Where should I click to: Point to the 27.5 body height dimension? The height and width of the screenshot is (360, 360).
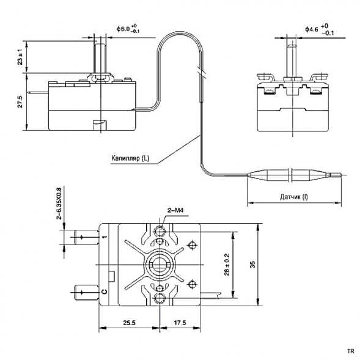(x=20, y=101)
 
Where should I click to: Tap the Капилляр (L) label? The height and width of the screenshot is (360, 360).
(x=130, y=158)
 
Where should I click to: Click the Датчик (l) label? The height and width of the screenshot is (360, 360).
(x=295, y=197)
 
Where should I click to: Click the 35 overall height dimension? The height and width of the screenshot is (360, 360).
(x=268, y=264)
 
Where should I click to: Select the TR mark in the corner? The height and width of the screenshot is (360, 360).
(x=350, y=351)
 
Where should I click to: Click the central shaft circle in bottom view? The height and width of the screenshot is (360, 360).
(x=160, y=265)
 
